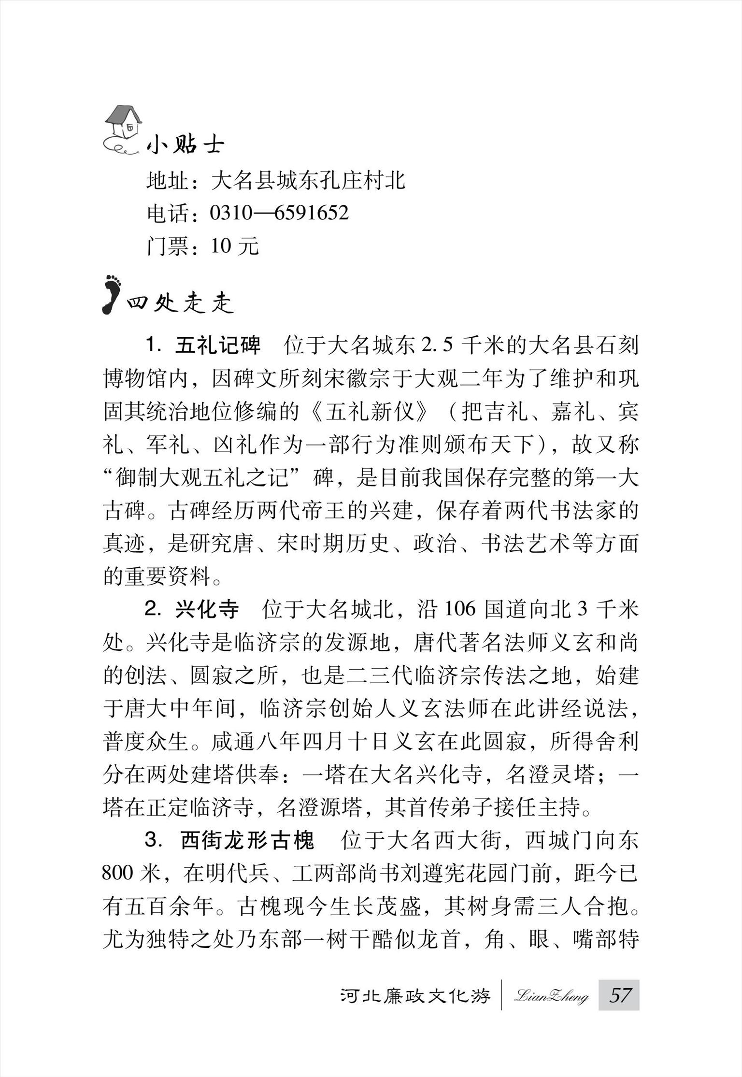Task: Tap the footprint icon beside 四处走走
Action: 111,294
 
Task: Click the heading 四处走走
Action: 180,303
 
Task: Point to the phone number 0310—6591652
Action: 279,213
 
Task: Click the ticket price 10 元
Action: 235,246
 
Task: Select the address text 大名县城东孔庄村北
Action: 308,180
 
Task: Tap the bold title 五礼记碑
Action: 217,345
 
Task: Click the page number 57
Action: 619,995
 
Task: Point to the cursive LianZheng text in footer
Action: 551,996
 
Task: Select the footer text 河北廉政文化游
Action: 415,996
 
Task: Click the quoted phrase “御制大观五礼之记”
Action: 213,478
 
